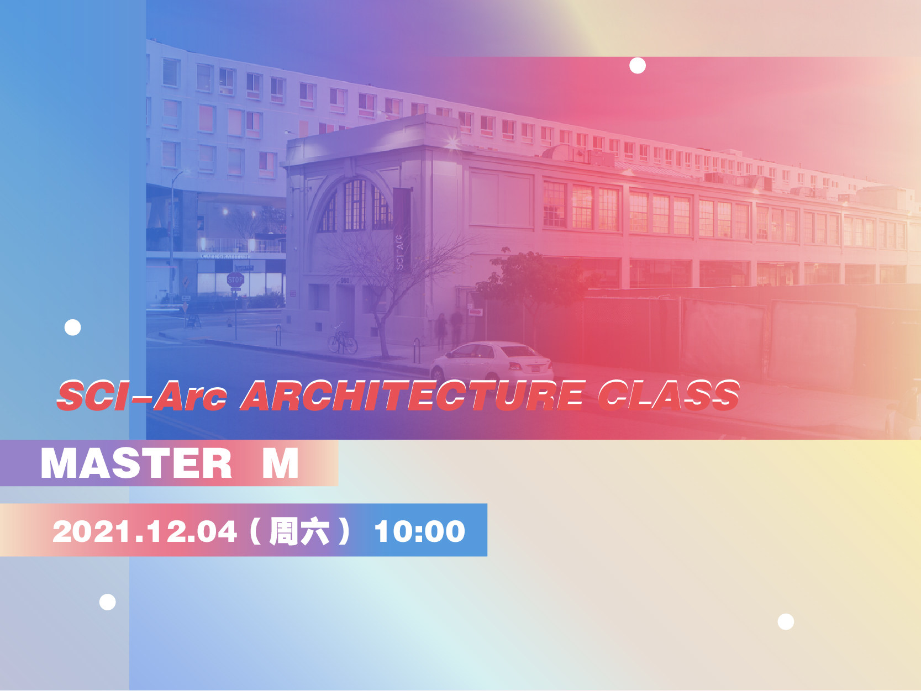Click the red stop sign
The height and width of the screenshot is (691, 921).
[x=235, y=279]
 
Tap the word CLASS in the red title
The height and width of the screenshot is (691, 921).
[x=669, y=395]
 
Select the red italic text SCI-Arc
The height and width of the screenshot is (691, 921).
[x=142, y=395]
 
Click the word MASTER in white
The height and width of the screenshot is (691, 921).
[x=136, y=463]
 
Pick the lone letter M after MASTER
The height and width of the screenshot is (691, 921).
[x=280, y=463]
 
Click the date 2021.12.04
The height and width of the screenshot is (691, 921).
[x=145, y=532]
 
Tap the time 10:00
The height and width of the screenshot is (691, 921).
[x=419, y=532]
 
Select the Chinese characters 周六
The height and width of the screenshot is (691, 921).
[x=299, y=532]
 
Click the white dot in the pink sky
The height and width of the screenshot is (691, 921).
[x=638, y=65]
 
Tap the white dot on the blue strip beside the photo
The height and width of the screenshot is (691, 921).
[x=72, y=328]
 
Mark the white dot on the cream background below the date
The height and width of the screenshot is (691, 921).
[x=786, y=621]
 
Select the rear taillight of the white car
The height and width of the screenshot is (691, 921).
[x=515, y=366]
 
